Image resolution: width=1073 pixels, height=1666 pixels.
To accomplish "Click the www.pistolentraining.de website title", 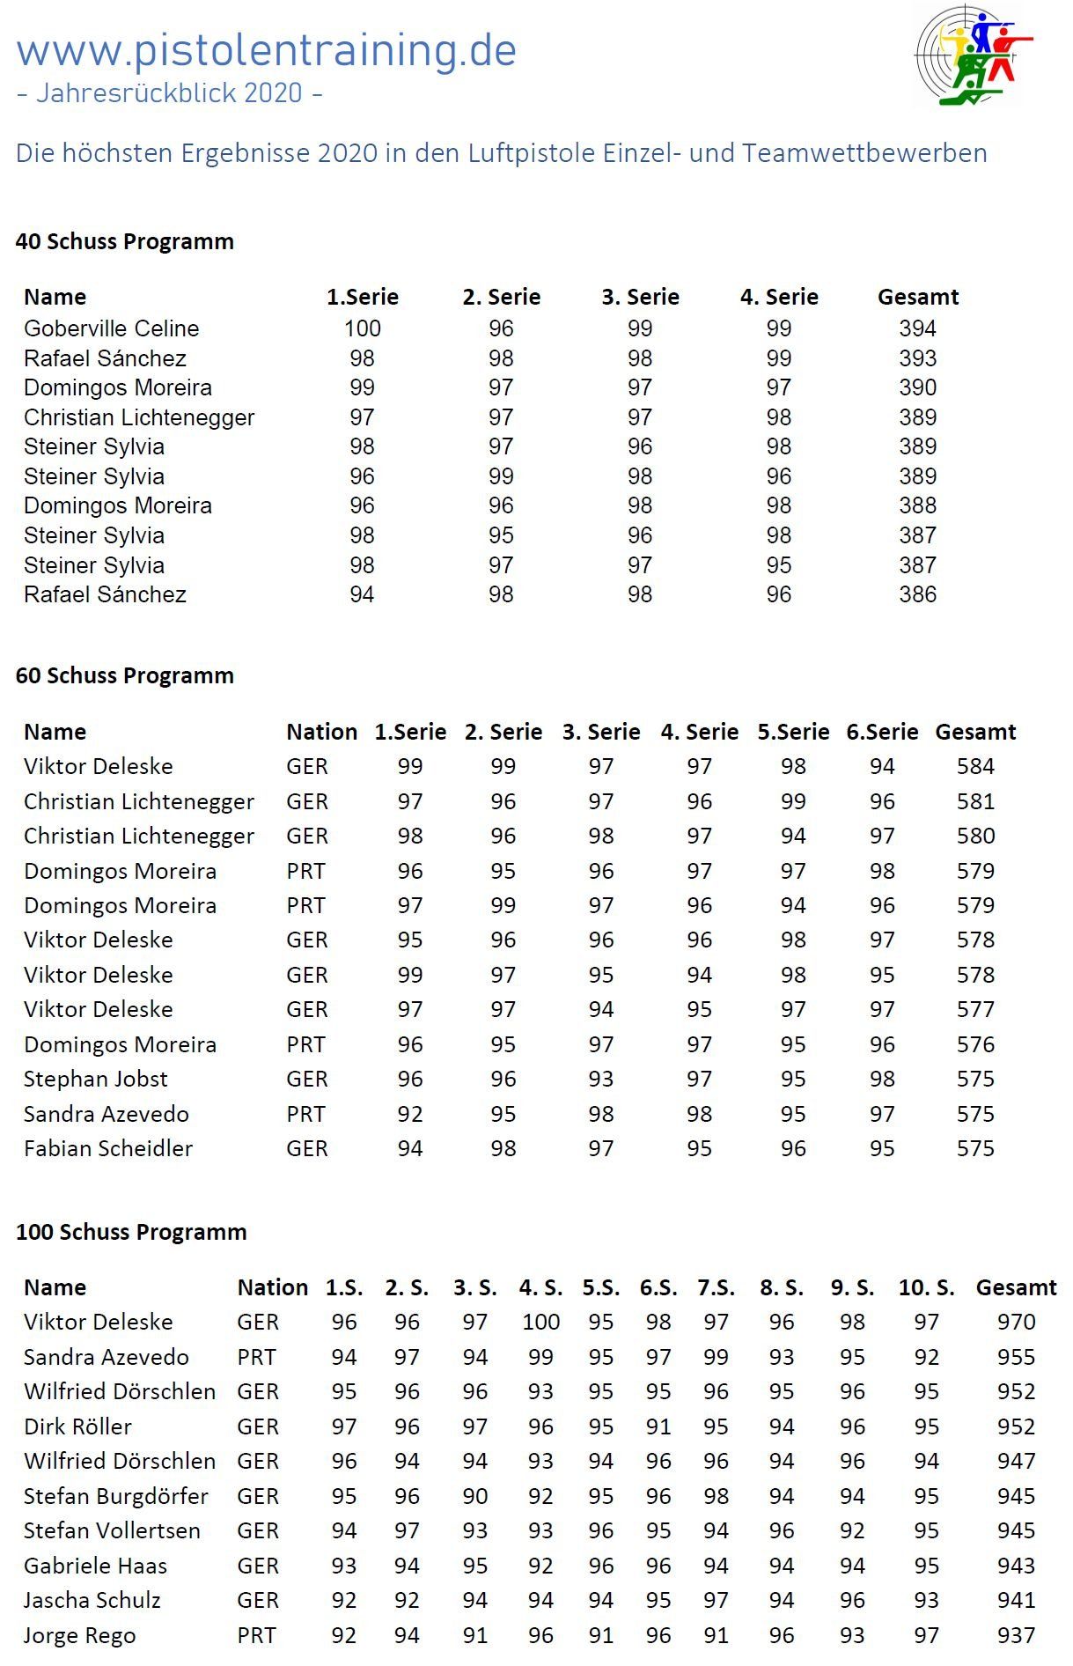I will [266, 51].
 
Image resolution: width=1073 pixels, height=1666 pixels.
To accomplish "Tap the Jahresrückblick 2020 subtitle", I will [169, 93].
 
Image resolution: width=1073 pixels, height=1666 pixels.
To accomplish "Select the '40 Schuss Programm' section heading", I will [125, 241].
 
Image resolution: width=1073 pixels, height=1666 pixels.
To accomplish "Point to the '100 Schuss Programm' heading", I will [131, 1231].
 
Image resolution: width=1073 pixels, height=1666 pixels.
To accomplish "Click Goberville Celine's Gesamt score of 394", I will [917, 328].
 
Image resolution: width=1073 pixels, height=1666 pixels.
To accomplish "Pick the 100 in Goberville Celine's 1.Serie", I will [362, 328].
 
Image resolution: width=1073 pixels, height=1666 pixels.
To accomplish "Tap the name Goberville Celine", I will [112, 328].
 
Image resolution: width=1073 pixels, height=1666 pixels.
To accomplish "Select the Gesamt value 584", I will [975, 766].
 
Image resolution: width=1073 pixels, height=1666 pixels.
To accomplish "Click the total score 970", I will [1016, 1322].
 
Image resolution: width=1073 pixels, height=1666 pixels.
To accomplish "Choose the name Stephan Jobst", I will [96, 1079].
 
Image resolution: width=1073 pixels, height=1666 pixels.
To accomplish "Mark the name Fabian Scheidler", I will [108, 1148].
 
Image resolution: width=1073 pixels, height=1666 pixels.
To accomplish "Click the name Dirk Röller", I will [77, 1426].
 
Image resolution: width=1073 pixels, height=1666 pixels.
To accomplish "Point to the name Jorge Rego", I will [80, 1635].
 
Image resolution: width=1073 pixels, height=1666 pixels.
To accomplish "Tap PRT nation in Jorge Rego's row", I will [256, 1635].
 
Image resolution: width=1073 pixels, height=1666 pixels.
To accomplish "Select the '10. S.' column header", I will [926, 1287].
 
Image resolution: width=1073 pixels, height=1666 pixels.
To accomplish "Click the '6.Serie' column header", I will [882, 732].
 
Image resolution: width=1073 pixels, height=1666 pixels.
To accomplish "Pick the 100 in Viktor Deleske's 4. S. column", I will [540, 1322].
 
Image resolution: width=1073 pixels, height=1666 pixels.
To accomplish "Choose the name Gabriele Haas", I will [95, 1566].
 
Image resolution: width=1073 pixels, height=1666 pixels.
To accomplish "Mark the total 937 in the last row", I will [1016, 1635].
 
